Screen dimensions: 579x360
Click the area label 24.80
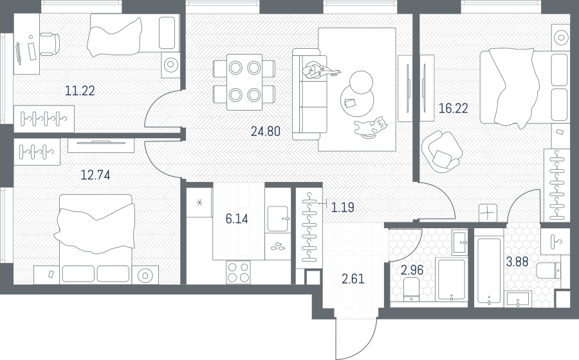pos(266,131)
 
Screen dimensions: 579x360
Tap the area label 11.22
pos(80,91)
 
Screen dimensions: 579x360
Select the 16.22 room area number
pos(453,108)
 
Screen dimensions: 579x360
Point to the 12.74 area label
pos(95,175)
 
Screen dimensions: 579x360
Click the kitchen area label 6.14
pos(237,219)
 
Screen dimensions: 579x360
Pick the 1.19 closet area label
pos(343,207)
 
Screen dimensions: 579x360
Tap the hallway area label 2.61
pos(353,279)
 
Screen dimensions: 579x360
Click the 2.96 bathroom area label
pos(412,270)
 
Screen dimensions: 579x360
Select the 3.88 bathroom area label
pos(517,262)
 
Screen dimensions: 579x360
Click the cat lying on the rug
pos(371,128)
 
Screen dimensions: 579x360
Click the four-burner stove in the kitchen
pos(238,272)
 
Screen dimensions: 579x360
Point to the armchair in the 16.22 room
pos(441,152)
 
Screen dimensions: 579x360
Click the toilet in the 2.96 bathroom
pos(411,289)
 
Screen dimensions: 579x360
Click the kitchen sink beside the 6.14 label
pos(277,219)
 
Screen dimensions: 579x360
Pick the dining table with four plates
pos(244,82)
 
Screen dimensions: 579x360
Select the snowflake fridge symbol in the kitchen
pos(199,202)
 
